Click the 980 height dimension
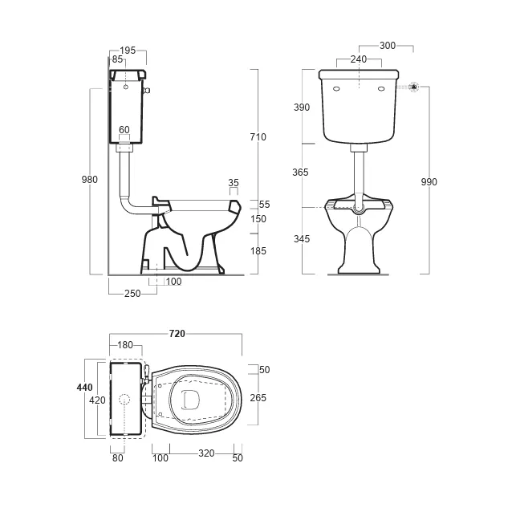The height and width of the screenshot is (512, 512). click(x=89, y=180)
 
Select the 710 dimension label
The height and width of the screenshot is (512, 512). click(x=258, y=137)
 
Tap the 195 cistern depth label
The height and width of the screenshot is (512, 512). click(x=128, y=51)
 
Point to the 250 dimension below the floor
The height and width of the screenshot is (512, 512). click(x=132, y=294)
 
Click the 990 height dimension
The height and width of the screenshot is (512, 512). click(x=429, y=182)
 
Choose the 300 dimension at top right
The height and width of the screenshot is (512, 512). click(x=388, y=46)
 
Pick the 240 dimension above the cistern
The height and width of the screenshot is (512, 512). click(x=359, y=59)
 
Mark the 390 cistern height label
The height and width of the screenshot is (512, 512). click(x=302, y=107)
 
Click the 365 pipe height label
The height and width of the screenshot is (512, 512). click(x=300, y=172)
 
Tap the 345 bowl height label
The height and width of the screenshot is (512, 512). click(x=302, y=238)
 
